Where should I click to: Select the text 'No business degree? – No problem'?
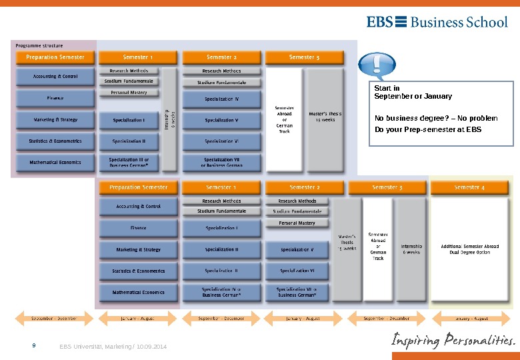coord(436,118)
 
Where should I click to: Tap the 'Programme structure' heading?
coord(39,45)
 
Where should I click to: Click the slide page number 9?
coord(34,346)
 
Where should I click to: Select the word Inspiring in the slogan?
coord(415,341)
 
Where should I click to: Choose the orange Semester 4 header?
coord(469,187)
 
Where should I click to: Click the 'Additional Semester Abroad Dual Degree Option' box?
coord(469,249)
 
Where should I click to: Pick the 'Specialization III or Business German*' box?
coord(129,163)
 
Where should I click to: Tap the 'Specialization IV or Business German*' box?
coord(221,293)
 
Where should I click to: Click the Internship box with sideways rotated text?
coord(169,120)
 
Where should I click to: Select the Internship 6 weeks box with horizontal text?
coord(411,249)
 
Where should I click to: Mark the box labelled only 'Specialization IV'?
coord(221,99)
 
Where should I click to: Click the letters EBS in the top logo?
coord(379,21)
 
